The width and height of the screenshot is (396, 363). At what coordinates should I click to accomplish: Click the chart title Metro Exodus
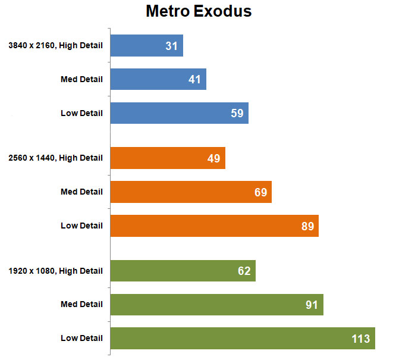click(x=198, y=12)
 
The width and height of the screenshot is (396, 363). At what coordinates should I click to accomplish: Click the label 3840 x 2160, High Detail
click(x=56, y=45)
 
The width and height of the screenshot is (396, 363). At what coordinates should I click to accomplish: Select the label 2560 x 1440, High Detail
click(x=56, y=158)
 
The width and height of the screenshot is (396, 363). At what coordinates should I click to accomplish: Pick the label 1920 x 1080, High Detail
click(x=56, y=271)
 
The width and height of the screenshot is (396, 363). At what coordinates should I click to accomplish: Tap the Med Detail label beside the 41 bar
click(x=81, y=79)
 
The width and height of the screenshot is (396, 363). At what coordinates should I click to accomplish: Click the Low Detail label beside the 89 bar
click(x=81, y=226)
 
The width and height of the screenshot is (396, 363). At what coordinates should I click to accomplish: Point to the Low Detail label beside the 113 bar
click(x=81, y=338)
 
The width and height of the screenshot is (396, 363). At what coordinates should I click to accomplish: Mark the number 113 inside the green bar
click(x=360, y=339)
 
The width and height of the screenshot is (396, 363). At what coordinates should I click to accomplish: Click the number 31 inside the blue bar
click(x=172, y=46)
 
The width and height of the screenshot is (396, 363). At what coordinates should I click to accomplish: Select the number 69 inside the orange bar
click(x=260, y=192)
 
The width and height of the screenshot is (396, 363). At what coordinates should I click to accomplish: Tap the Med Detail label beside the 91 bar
click(x=81, y=304)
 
